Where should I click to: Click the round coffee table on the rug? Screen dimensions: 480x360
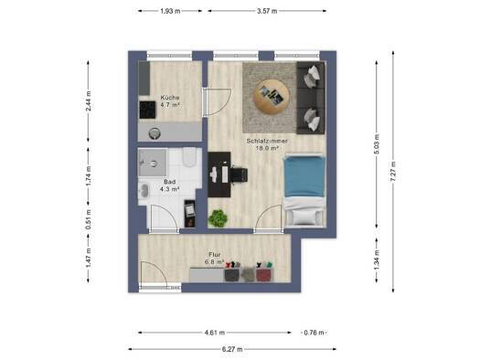[x=272, y=97]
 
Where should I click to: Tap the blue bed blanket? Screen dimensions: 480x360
[x=304, y=176]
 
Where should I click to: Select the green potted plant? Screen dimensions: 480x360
[x=218, y=218]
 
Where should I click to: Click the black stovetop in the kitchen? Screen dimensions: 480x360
[x=147, y=110]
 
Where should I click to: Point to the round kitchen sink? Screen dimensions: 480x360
[x=155, y=133]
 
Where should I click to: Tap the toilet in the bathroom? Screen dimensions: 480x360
[x=189, y=156]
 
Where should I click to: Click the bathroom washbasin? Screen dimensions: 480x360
[x=144, y=190]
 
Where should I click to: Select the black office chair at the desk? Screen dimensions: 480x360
[x=239, y=175]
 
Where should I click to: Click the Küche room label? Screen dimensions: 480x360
[x=170, y=98]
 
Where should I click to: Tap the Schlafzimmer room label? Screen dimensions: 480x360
[x=267, y=141]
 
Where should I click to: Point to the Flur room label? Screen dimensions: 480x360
[x=215, y=255]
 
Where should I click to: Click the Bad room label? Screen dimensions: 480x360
[x=169, y=182]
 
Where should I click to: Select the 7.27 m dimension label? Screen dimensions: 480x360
[x=393, y=171]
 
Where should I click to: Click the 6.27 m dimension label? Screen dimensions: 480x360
[x=232, y=349]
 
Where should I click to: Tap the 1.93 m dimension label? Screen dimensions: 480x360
[x=170, y=11]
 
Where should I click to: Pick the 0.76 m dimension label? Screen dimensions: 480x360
[x=314, y=333]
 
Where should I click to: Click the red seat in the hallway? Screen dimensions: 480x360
[x=264, y=275]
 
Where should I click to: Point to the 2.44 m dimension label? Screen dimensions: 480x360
[x=89, y=101]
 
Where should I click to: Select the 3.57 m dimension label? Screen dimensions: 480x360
[x=267, y=11]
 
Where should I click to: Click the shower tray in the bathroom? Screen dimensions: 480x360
[x=153, y=163]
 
